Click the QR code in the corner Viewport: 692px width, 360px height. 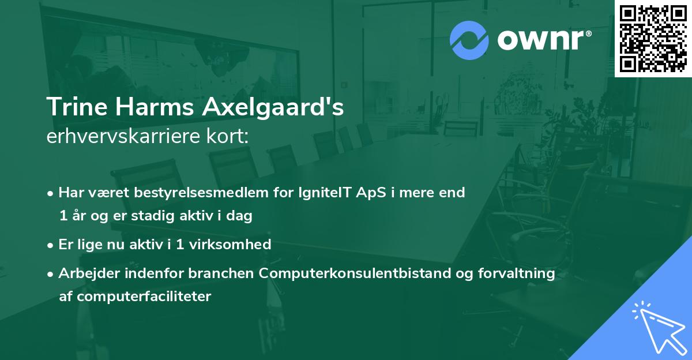click(x=653, y=38)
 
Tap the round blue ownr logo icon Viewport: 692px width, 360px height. click(x=469, y=40)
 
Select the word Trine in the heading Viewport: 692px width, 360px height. click(x=70, y=108)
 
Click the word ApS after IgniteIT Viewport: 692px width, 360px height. click(x=366, y=192)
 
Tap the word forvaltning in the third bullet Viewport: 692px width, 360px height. click(x=523, y=273)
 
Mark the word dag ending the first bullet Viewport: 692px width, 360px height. click(x=242, y=216)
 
